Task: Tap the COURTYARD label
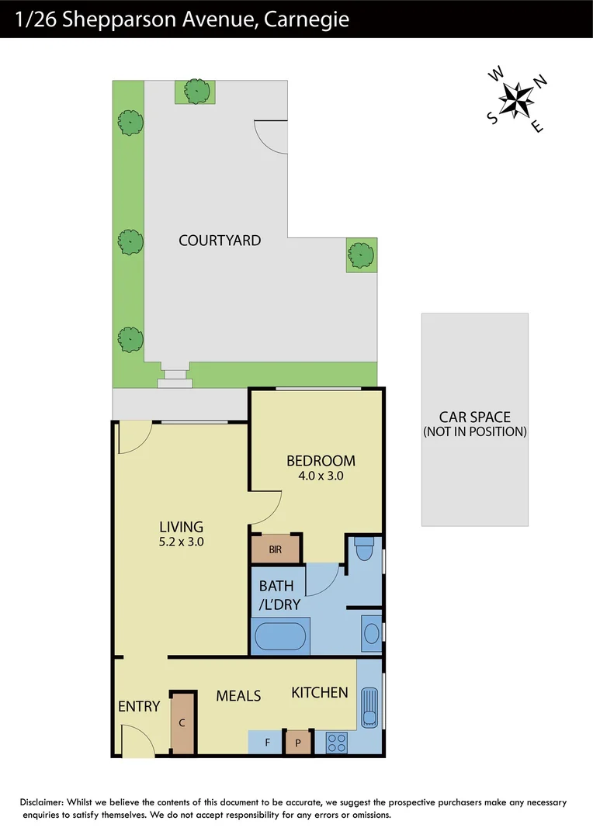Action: pos(220,241)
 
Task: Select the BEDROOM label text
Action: pos(321,460)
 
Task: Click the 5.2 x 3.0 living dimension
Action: pos(181,542)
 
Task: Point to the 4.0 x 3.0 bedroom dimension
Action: pos(321,476)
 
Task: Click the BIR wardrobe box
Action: pos(276,549)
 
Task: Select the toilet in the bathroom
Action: pos(363,550)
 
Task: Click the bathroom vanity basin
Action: pos(371,633)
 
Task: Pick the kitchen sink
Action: pos(369,707)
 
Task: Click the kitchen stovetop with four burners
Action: pos(336,743)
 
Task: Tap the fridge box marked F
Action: pos(267,743)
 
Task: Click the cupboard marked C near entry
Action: pos(182,723)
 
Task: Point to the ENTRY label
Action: pos(139,707)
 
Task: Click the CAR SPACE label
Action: pos(474,417)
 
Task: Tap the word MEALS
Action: pos(238,696)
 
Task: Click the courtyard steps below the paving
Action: pos(175,379)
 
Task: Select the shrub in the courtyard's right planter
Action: pos(361,255)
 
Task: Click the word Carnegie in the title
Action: pos(306,19)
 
